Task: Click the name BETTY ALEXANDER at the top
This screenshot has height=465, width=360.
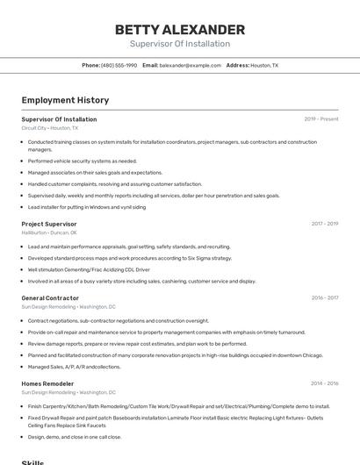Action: pos(180,30)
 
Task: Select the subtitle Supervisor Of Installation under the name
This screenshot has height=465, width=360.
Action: pos(180,44)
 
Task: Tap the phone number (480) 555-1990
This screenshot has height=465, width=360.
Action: pos(119,66)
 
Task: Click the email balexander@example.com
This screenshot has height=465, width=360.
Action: pos(191,66)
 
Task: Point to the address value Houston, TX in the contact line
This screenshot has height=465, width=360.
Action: pos(264,66)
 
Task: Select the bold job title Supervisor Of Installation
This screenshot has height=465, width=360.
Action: pos(59,119)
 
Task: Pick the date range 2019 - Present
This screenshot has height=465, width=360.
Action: pos(321,119)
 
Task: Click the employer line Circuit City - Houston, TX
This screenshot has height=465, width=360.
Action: pos(49,128)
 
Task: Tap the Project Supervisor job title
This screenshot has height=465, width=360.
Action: pos(49,224)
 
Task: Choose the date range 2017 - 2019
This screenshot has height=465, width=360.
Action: pos(325,224)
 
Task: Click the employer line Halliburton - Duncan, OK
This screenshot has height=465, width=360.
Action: pos(49,232)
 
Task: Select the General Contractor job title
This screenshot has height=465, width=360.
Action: pos(50,297)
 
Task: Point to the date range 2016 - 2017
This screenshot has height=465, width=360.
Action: pos(325,297)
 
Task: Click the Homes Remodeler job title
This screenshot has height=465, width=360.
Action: pos(47,383)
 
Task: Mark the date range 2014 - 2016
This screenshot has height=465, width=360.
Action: pos(325,383)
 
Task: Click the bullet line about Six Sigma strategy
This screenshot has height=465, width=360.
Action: pos(130,258)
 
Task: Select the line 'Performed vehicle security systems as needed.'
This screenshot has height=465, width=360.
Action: pos(83,161)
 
